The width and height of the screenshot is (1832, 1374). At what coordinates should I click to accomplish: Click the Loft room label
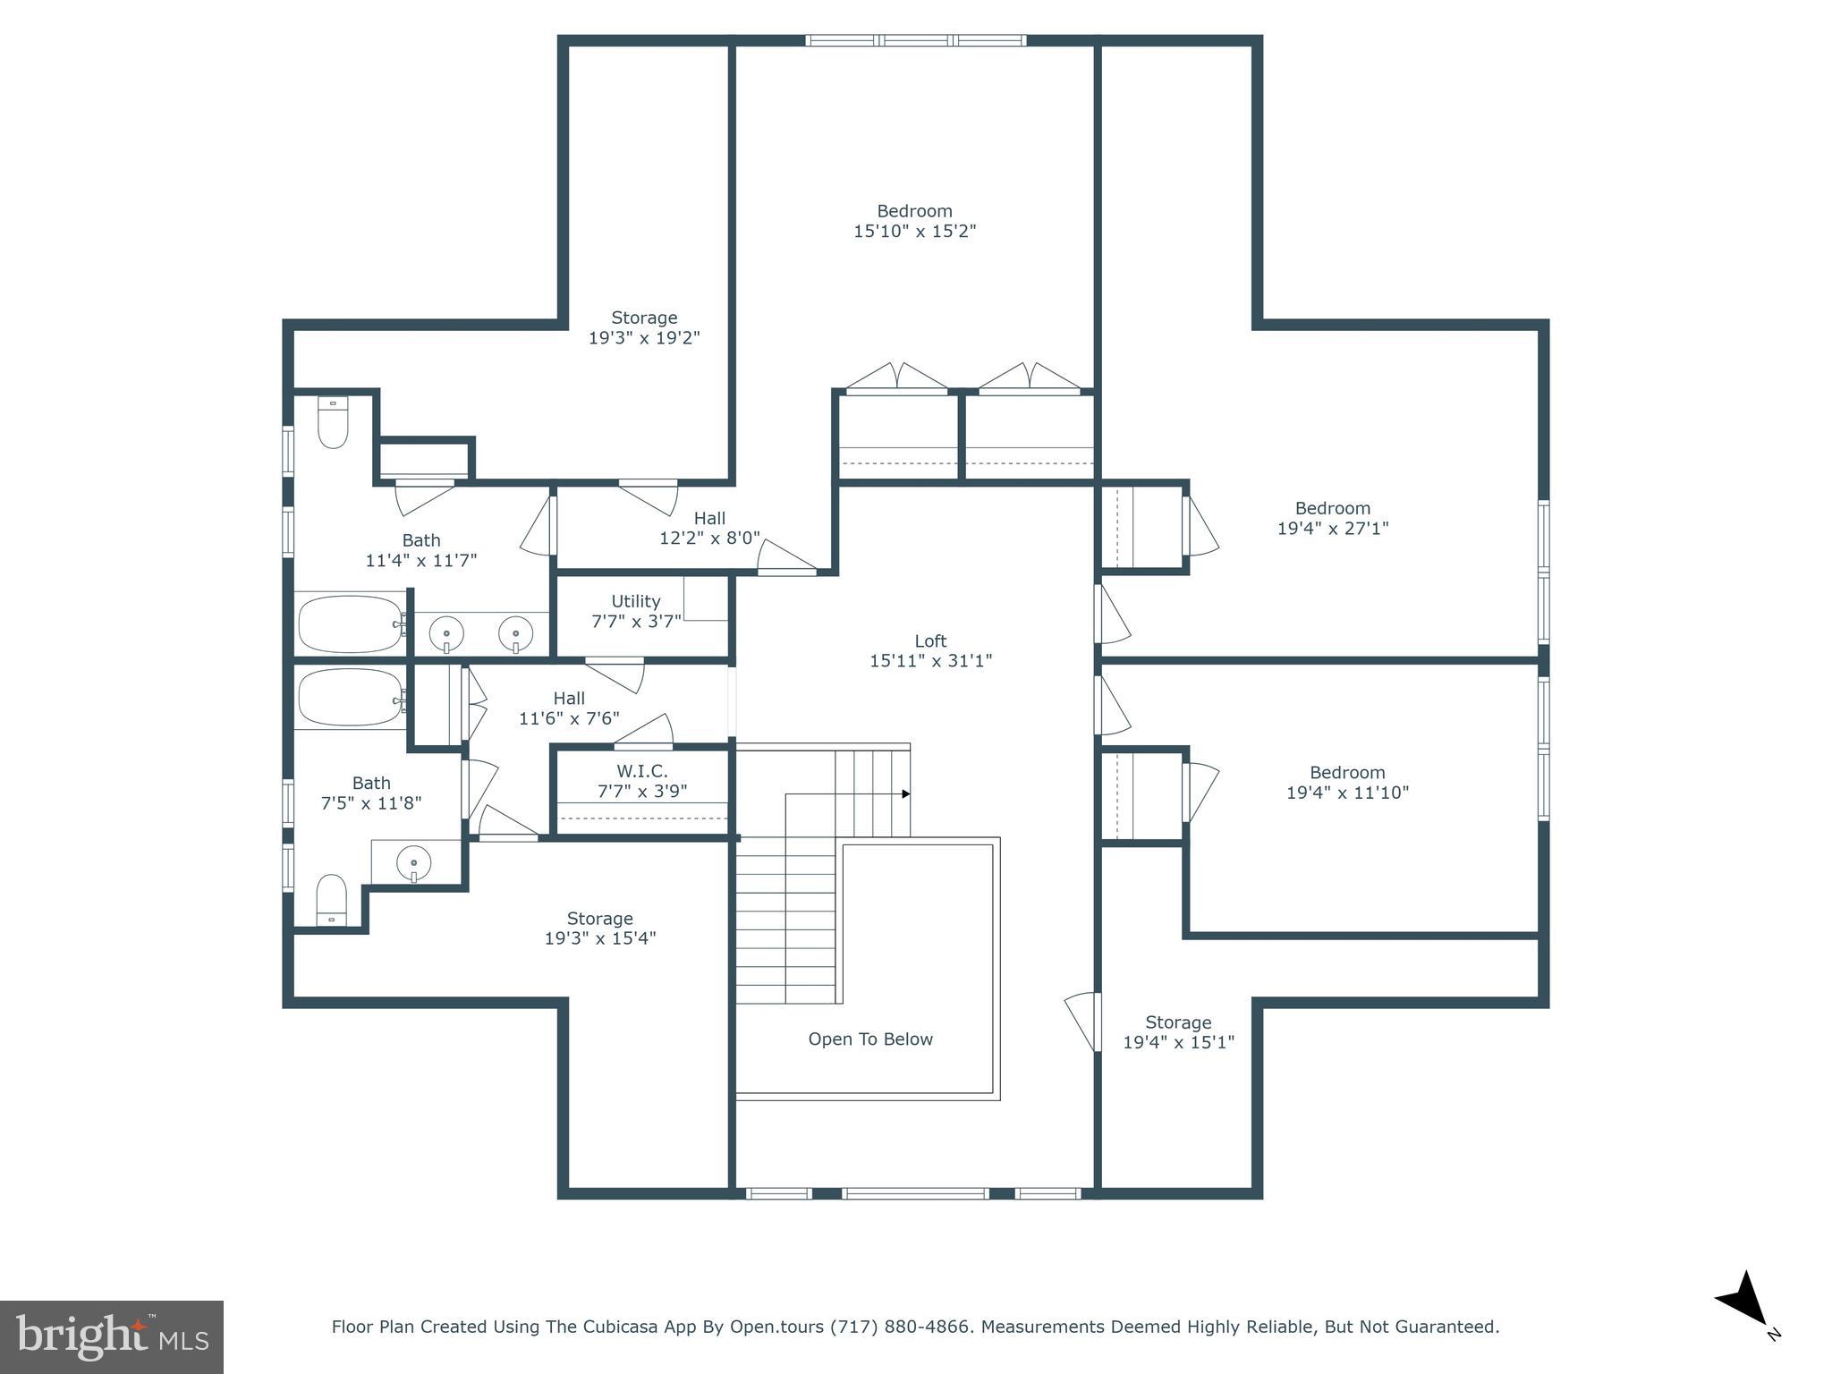(930, 641)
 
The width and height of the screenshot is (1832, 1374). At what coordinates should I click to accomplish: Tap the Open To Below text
(870, 1039)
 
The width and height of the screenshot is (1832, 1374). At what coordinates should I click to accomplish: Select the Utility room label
(636, 601)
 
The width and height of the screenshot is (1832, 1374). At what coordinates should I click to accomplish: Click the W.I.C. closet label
(641, 771)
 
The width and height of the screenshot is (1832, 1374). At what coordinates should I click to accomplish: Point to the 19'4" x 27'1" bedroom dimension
(1332, 529)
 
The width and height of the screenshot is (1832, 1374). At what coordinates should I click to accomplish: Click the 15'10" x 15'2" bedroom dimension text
(914, 232)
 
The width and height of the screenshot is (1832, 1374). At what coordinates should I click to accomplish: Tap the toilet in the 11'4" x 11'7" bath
(333, 422)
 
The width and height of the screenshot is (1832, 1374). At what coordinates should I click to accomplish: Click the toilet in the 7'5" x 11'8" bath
(332, 900)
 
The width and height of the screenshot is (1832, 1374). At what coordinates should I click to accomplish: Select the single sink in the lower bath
(413, 864)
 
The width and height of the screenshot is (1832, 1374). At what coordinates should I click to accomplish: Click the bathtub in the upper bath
(349, 623)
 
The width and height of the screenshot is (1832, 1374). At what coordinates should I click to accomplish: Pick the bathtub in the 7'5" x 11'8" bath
(349, 698)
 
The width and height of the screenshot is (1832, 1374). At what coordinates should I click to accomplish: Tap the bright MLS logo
(112, 1337)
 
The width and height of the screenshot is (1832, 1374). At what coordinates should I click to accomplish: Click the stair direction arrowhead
(905, 793)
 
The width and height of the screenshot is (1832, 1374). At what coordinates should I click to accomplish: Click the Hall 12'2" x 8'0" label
(709, 528)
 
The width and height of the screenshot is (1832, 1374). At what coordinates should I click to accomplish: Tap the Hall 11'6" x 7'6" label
(569, 708)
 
